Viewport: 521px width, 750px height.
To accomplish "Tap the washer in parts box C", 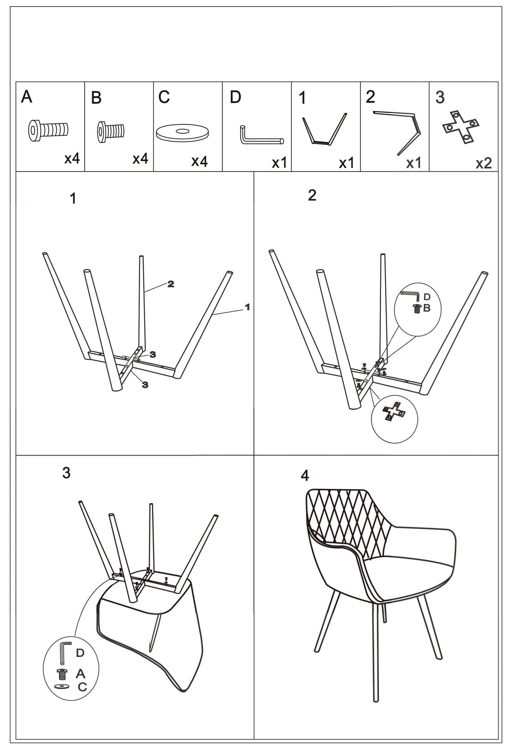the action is (183, 133).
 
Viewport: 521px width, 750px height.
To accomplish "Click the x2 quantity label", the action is (483, 163).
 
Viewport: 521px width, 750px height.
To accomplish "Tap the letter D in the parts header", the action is (235, 98).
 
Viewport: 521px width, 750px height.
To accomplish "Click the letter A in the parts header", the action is (27, 96).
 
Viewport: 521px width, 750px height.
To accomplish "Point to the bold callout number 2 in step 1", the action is (171, 284).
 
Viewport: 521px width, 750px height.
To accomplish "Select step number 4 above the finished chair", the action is (305, 476).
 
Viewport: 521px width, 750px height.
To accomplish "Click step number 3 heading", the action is (66, 473).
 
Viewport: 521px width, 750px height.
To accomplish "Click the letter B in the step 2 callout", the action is (427, 308).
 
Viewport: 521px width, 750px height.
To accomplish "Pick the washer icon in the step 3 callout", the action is (62, 686).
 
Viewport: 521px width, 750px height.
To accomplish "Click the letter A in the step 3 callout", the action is (81, 674).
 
